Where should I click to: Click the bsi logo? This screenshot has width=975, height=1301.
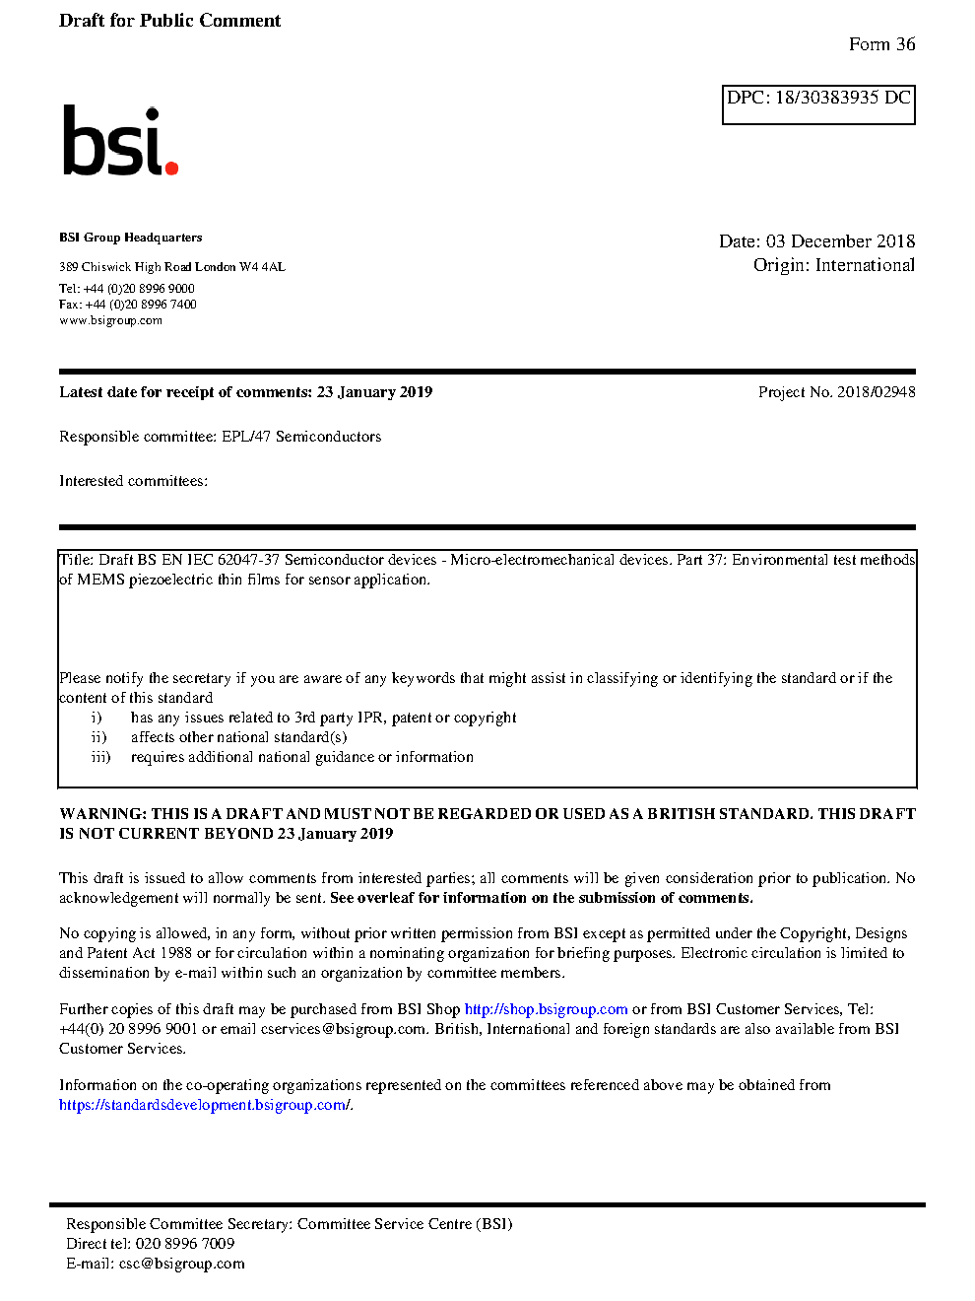[119, 141]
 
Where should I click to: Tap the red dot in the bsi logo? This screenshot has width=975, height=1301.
[172, 168]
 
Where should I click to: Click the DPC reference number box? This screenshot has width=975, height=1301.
[818, 104]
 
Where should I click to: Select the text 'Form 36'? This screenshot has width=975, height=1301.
[881, 44]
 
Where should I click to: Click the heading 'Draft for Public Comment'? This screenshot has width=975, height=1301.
[169, 21]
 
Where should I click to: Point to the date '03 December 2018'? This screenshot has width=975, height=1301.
[840, 241]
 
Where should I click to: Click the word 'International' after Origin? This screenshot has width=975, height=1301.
[865, 265]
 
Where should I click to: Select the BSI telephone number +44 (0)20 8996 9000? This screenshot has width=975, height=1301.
[139, 289]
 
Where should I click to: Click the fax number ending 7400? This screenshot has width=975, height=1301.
[141, 305]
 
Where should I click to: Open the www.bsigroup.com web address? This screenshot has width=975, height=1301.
[110, 320]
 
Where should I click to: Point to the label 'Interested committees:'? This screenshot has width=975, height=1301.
[133, 481]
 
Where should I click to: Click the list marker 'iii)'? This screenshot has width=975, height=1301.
[100, 757]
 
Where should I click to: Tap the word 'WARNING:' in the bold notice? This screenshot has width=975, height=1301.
[103, 814]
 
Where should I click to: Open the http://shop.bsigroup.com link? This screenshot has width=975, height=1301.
[546, 1009]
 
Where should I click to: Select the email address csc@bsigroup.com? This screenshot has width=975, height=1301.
[181, 1264]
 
